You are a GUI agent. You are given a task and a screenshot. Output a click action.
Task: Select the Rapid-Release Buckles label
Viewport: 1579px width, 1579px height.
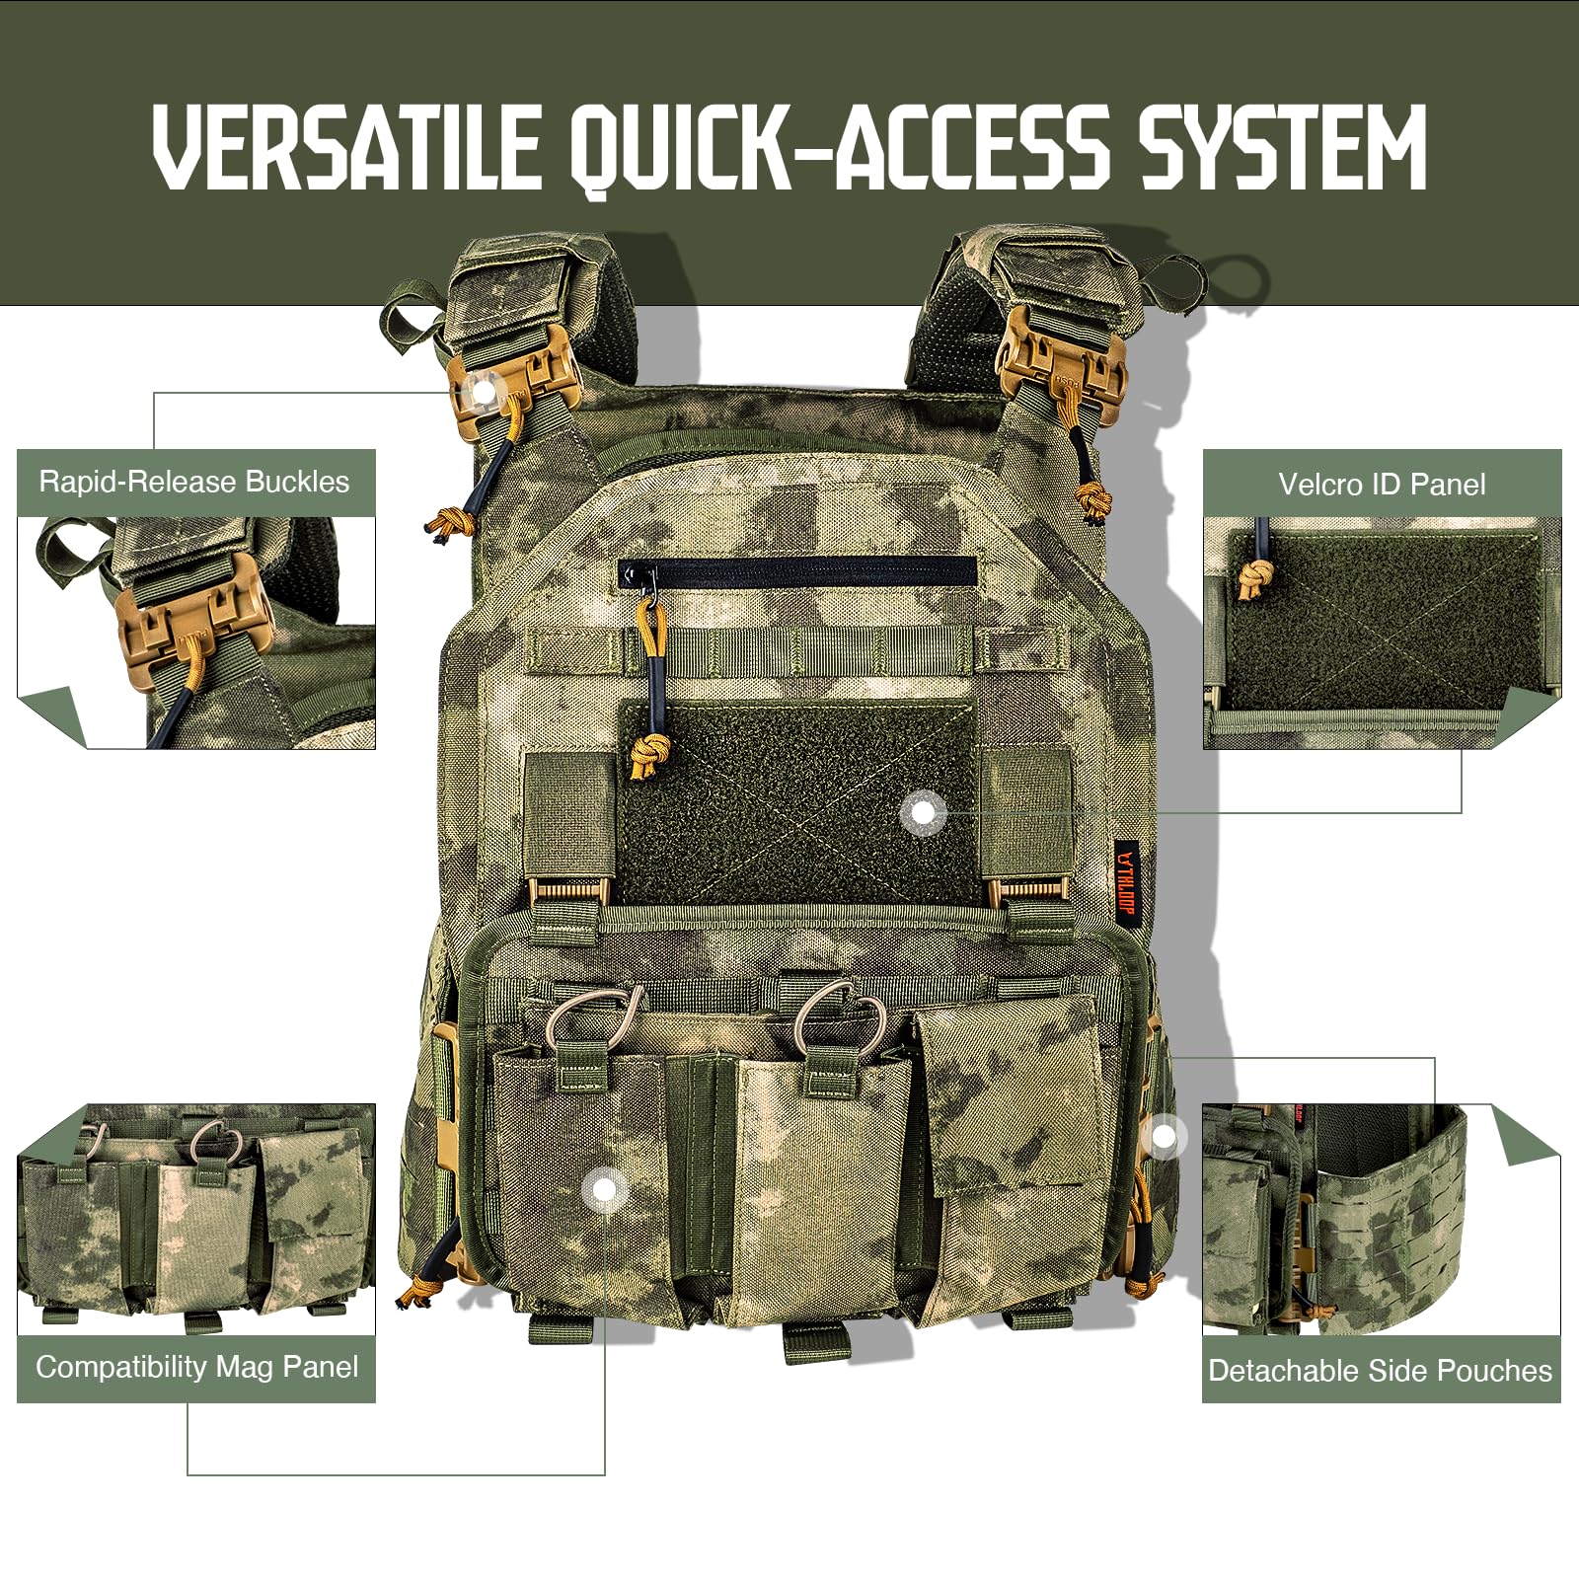[194, 482]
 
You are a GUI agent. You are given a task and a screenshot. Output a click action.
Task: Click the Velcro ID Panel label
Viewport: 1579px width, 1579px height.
[1382, 484]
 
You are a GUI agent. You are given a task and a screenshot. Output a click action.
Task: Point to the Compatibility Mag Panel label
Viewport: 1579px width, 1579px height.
[196, 1367]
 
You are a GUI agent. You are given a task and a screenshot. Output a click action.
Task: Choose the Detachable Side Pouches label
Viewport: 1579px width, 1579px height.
[1381, 1370]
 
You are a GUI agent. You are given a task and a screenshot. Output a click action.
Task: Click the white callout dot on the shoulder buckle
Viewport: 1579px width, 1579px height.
[484, 391]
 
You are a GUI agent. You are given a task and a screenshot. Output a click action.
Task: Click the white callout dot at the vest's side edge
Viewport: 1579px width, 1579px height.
[1165, 1137]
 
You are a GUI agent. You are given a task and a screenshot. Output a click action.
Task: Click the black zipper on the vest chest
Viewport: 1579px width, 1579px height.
[797, 570]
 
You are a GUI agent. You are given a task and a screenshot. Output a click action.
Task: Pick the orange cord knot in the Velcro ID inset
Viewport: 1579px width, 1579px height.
[1255, 580]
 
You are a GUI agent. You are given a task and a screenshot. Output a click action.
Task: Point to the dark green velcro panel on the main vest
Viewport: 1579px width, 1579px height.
[799, 804]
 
